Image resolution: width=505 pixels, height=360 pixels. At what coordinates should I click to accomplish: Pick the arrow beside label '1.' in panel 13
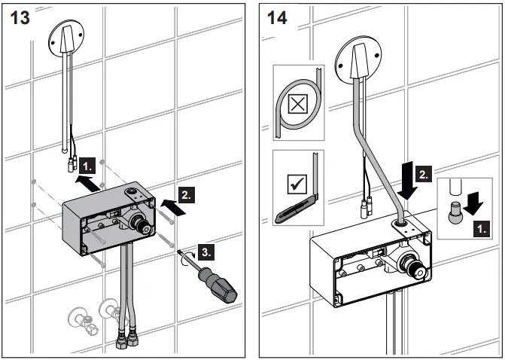84,180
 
